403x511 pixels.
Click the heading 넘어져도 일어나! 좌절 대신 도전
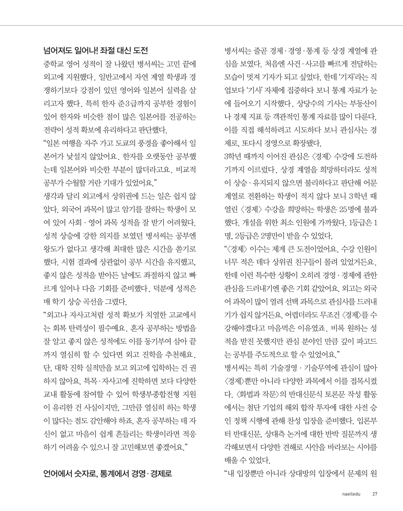(95, 50)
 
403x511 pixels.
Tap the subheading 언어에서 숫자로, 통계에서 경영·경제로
(107, 473)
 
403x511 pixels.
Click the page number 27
(374, 494)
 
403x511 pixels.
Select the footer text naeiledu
(351, 494)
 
